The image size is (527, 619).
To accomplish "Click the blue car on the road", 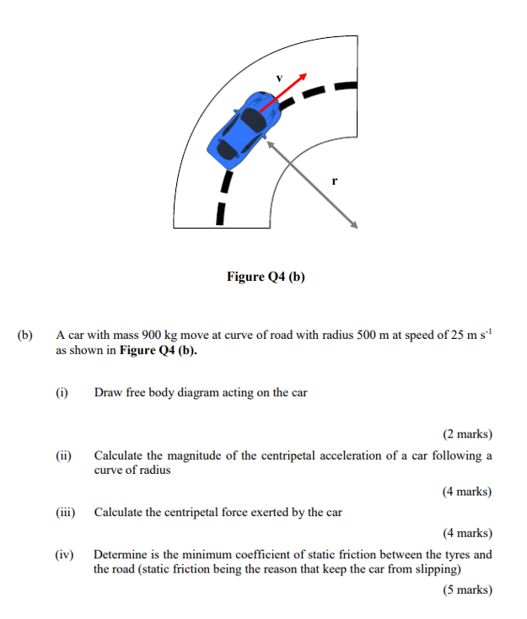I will click(x=243, y=128).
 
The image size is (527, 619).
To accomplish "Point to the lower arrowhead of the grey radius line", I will click(x=355, y=225).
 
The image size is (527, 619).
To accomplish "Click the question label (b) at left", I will click(x=24, y=335).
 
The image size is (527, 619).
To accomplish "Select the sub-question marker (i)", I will click(x=62, y=392).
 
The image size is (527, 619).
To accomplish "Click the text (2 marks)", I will click(x=467, y=434).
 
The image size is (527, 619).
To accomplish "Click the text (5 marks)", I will click(x=467, y=589).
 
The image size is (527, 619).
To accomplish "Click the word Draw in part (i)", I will click(x=108, y=392).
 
